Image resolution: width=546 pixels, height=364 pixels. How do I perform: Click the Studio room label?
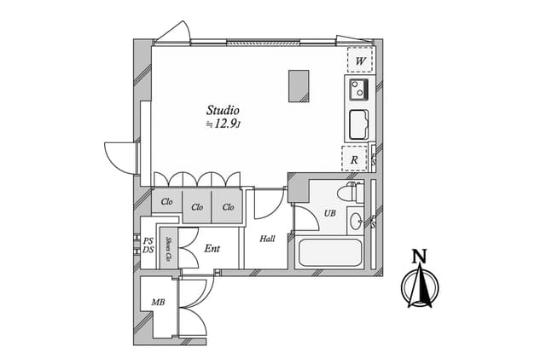pos(223,110)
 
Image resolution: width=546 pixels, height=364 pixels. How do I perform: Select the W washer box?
pos(359,61)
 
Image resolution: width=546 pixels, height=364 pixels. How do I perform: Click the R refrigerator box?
pos(355,158)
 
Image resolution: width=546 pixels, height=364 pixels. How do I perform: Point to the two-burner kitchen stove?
pos(357,88)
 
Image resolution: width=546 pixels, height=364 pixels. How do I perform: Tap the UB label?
pos(329,213)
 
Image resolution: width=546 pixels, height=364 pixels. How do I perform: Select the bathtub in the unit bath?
pos(330,252)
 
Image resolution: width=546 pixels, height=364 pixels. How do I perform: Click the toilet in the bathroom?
pos(351,192)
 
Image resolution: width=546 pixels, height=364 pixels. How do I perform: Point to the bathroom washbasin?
pos(355,222)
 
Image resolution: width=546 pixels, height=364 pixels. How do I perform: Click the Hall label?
pos(267,239)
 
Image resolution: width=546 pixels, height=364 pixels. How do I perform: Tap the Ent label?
pos(212,249)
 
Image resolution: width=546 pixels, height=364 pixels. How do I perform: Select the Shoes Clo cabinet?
pos(169,248)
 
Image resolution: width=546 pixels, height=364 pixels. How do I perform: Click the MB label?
pos(158,303)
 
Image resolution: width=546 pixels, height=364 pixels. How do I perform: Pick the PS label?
pos(148,241)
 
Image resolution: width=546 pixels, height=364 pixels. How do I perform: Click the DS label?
pos(148,250)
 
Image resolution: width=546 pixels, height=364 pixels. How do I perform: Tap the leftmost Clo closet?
pos(166,202)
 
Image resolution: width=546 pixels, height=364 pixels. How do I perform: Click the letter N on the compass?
pos(419,256)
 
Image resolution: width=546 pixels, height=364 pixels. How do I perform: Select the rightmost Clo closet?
pos(228,206)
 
